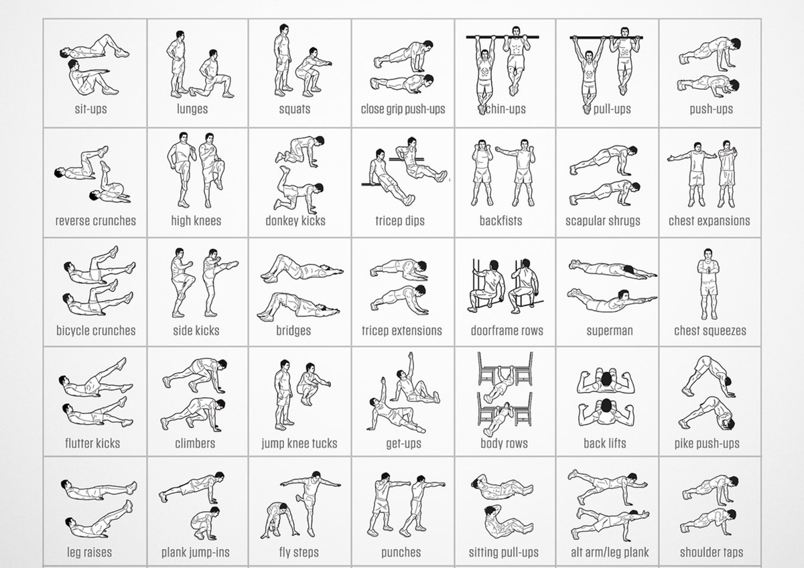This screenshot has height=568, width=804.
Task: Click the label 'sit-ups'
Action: tap(91, 109)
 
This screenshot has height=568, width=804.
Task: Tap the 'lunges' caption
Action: tap(192, 109)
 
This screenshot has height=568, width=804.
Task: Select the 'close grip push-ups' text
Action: tap(403, 109)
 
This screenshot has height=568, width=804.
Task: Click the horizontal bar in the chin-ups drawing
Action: tap(503, 37)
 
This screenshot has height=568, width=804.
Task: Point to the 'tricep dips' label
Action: tap(400, 220)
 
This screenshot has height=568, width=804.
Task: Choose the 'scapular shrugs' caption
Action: tap(602, 220)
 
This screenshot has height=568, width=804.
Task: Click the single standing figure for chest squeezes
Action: tap(708, 284)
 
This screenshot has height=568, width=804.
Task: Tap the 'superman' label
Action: tap(610, 330)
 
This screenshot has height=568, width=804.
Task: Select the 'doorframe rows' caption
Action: tap(507, 330)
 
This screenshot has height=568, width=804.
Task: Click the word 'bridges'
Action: tap(293, 330)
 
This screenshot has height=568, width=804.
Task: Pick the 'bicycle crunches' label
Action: tap(96, 330)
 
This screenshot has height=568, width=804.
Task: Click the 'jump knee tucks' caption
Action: tap(299, 443)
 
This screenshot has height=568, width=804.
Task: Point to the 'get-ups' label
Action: tap(403, 443)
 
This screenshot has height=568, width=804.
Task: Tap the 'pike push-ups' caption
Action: tap(707, 443)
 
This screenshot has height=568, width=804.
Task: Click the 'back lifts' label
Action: tap(605, 443)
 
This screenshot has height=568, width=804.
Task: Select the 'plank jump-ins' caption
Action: tap(195, 552)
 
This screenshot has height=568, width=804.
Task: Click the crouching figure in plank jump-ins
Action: tap(204, 524)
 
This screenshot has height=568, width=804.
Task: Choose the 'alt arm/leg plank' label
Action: tap(610, 552)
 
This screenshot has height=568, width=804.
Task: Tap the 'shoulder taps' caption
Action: tap(712, 552)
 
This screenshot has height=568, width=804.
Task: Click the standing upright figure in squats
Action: tap(283, 60)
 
